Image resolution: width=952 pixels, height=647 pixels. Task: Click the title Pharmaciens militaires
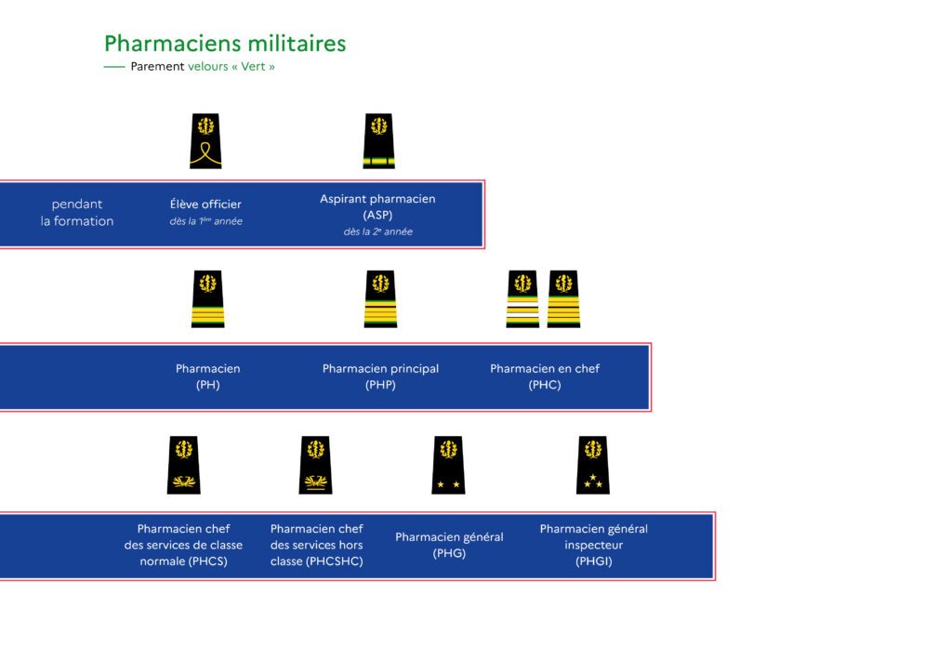pos(225,44)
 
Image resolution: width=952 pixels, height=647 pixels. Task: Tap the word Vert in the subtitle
pos(253,66)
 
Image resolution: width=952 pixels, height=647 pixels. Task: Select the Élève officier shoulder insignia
pos(205,140)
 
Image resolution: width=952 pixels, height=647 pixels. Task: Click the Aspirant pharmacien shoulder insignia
pos(379,140)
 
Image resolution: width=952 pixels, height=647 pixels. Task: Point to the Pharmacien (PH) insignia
pos(207,298)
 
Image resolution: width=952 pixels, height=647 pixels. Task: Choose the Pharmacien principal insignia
pos(380,298)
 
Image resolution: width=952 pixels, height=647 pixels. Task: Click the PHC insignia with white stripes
pos(522,298)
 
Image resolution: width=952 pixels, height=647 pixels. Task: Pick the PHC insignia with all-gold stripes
pos(563,298)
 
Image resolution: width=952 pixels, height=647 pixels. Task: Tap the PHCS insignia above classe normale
pos(184,465)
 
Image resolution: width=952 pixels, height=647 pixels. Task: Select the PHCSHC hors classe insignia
pos(316,465)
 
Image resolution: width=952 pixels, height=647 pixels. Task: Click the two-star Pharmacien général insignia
pos(449,465)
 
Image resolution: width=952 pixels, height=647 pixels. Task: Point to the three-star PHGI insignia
pos(593,465)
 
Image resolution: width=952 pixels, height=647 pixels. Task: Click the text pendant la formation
pos(77,213)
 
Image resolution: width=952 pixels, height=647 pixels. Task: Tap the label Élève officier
pos(205,204)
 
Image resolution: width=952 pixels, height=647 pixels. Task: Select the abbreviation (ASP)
pos(377,215)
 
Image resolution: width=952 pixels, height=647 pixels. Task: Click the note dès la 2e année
pos(378,231)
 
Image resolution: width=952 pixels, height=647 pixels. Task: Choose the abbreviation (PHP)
pos(380,385)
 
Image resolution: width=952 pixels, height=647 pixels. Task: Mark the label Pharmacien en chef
pos(545,368)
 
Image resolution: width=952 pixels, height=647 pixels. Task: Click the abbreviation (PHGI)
pos(594,561)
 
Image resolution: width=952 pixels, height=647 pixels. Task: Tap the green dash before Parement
pos(114,67)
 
